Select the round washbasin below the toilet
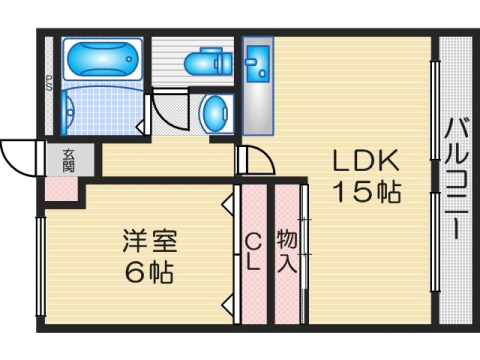215,113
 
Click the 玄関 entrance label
68,159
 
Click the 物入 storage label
286,252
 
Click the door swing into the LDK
253,161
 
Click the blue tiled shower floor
100,112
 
